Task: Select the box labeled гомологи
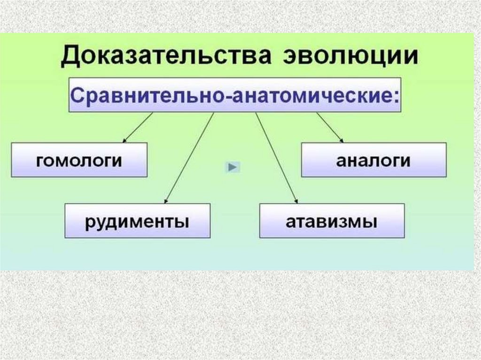pos(79,160)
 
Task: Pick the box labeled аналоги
pos(373,160)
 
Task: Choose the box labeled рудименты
pos(137,221)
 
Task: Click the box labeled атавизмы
pos(332,221)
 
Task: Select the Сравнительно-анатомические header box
pos(235,95)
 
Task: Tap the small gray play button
pos(233,167)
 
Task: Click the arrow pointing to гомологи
pos(138,127)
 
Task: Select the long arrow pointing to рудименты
pos(189,158)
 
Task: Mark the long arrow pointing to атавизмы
pos(276,158)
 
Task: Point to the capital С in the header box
pos(78,95)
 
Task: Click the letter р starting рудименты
pos(89,222)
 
